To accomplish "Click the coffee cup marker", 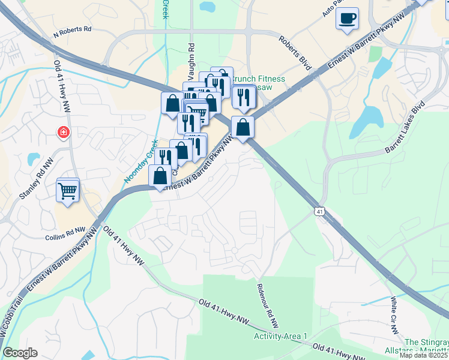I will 346,18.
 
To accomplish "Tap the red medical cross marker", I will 63,132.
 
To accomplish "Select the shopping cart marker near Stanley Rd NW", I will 67,190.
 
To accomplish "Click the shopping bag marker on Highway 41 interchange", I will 243,128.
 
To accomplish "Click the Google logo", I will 20,353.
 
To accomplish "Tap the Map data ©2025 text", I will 424,355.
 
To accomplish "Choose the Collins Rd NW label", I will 67,230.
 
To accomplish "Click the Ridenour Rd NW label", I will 268,305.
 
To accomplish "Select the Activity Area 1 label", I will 280,337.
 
